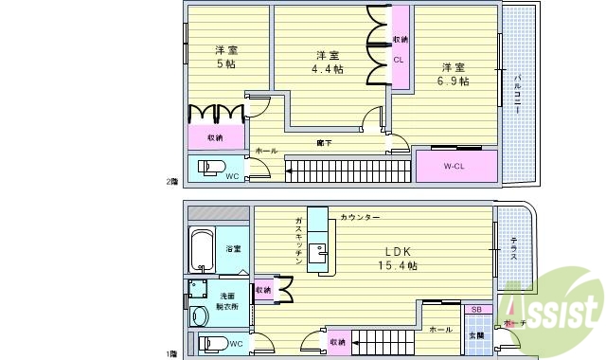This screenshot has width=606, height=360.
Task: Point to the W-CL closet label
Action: [455, 166]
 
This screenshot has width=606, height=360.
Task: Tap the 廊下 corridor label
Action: [324, 143]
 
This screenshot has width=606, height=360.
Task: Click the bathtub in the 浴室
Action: [202, 249]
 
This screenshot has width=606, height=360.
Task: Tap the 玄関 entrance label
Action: [476, 334]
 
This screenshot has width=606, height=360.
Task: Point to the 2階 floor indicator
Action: [170, 182]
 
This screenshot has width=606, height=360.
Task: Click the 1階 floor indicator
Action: [170, 354]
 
